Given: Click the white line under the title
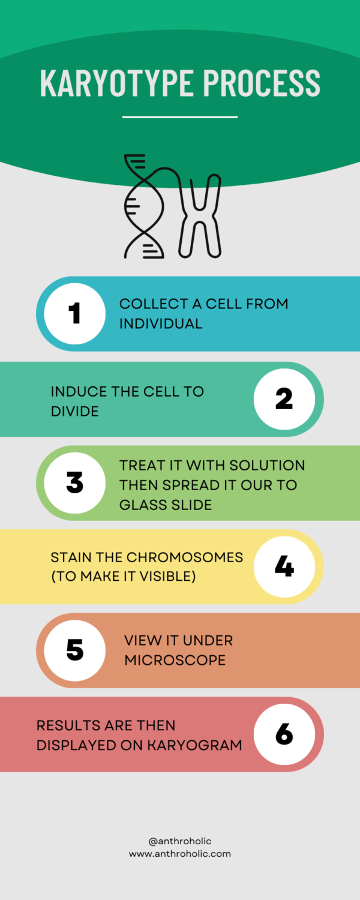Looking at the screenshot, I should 180,117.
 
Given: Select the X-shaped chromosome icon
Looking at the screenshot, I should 200,216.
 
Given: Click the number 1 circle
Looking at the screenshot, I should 74,314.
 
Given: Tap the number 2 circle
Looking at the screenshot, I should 284,399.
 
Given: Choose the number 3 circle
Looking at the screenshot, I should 74,484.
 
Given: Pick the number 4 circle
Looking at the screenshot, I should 284,566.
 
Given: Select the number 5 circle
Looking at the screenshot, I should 74,650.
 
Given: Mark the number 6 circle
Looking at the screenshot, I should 284,734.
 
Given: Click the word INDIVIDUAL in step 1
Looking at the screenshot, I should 161,323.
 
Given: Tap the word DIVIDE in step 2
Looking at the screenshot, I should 74,411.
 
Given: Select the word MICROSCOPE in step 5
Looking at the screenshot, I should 175,660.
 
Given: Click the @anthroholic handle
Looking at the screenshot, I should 180,841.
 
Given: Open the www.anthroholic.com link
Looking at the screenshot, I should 180,854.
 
